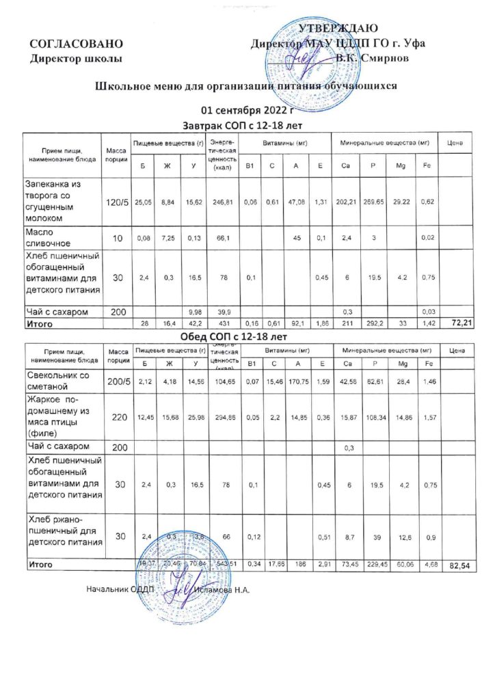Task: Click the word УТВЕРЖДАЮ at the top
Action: point(338,28)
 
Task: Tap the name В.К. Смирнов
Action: point(372,59)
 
